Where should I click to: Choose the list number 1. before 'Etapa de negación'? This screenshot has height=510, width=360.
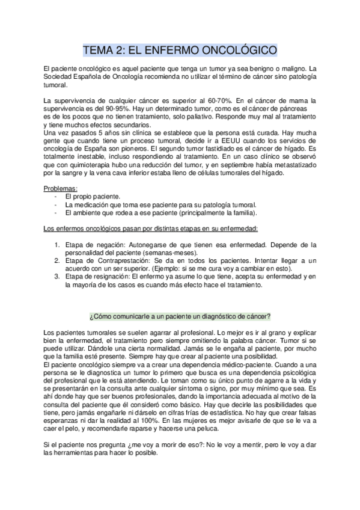coord(58,245)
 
